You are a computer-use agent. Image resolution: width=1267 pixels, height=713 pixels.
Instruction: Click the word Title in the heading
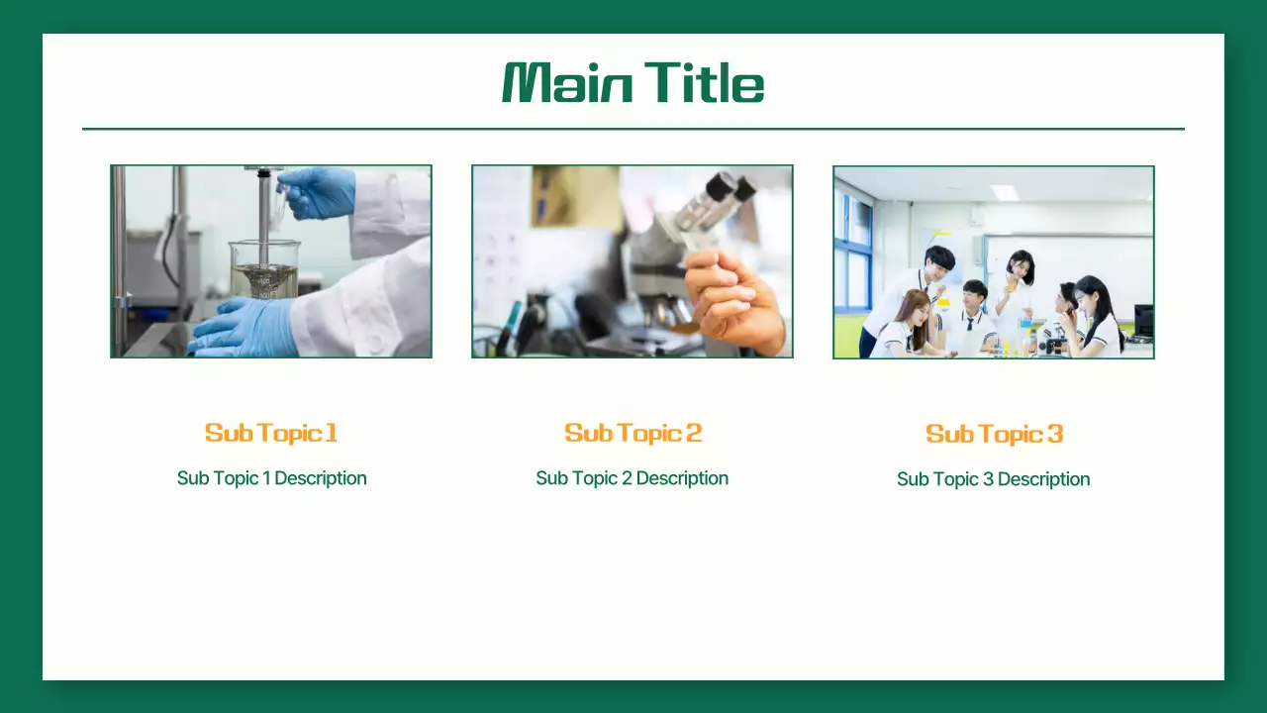click(704, 83)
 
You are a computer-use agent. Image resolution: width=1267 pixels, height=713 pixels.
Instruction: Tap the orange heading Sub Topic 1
click(271, 433)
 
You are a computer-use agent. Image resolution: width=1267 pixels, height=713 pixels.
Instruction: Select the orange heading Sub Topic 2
click(633, 433)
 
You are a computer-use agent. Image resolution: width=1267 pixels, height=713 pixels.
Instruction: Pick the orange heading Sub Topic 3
click(994, 434)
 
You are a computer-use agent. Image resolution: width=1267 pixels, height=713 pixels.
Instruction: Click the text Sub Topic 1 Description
click(271, 478)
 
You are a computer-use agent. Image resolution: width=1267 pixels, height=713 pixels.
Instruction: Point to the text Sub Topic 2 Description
click(632, 478)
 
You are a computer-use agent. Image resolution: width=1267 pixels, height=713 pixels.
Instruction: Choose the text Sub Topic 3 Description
click(993, 479)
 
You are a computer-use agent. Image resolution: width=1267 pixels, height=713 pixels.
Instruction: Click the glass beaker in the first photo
click(264, 268)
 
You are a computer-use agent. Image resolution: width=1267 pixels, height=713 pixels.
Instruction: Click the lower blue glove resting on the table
click(243, 328)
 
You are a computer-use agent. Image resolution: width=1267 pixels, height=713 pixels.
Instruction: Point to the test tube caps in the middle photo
click(732, 187)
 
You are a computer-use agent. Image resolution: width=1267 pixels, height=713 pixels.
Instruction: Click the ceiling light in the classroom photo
click(1005, 192)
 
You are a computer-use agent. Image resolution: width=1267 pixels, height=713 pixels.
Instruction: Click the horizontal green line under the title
click(633, 129)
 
